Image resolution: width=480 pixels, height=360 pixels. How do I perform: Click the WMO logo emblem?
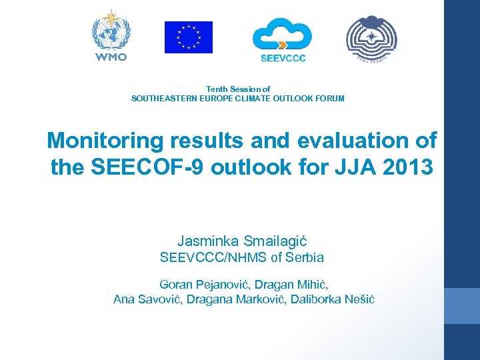(x=111, y=30)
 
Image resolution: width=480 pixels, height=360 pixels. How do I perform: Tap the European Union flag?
(x=189, y=37)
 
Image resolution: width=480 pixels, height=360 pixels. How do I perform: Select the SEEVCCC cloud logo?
(x=282, y=34)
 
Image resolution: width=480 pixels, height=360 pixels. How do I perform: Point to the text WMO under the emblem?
(x=111, y=57)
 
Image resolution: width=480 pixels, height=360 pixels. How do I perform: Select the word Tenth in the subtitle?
(x=217, y=89)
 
